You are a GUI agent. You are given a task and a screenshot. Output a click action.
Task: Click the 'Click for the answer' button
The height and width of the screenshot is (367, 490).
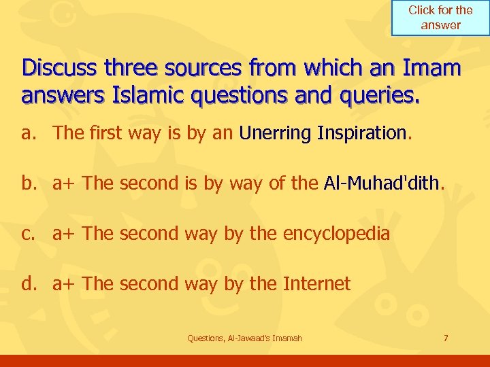coord(440,18)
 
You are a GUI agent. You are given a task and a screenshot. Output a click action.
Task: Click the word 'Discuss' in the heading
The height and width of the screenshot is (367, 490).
coord(60,69)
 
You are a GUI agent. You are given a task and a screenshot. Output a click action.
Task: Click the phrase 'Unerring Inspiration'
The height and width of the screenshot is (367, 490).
coord(323,133)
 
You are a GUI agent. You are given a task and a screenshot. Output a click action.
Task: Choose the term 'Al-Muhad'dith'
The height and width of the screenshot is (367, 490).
coord(382,183)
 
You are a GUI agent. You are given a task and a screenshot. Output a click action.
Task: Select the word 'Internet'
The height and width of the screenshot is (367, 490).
coord(316,283)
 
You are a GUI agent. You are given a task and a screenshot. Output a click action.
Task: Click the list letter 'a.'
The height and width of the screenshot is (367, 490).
coord(30,133)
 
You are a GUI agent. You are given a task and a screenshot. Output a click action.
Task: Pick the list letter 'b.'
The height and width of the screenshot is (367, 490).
coord(30,183)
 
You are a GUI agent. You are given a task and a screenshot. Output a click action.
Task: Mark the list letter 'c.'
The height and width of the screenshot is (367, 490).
coord(30,234)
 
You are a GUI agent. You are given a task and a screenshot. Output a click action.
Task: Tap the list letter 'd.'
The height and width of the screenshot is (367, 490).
coord(30,283)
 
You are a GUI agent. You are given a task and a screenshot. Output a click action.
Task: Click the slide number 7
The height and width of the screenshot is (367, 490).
coord(445,338)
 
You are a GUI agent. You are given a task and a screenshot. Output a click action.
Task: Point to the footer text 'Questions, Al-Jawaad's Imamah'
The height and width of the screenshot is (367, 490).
coord(244,338)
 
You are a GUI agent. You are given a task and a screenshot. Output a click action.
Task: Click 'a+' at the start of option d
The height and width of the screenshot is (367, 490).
coord(64,283)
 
